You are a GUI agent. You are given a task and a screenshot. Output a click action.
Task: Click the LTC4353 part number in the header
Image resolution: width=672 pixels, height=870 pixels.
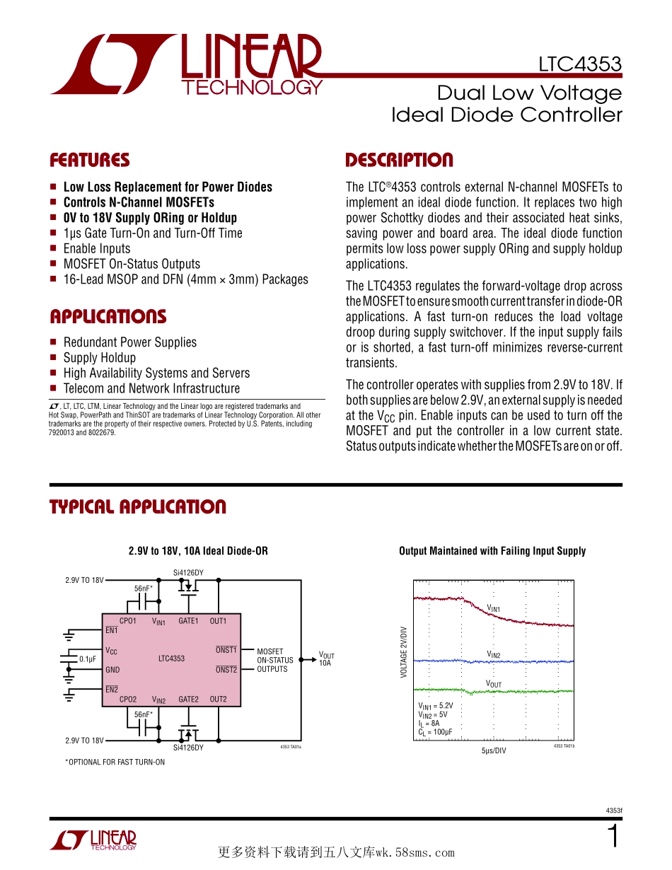[x=579, y=64]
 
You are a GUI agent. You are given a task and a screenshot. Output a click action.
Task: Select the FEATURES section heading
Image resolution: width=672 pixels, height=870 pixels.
[x=90, y=161]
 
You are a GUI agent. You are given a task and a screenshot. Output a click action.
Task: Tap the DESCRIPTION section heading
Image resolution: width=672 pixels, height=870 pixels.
[x=399, y=161]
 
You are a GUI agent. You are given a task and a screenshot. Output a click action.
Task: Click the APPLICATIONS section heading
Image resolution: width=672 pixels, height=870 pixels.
[x=108, y=317]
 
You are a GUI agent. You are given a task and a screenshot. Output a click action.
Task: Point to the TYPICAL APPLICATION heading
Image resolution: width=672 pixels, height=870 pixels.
[x=138, y=507]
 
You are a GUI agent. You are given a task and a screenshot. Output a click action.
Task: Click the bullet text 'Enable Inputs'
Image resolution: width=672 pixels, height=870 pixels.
[x=97, y=248]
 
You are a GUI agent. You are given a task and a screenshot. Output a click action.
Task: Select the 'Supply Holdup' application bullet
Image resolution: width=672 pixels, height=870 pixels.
[x=100, y=358]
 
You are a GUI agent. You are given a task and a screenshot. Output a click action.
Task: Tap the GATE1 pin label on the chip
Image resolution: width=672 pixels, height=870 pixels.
[x=188, y=621]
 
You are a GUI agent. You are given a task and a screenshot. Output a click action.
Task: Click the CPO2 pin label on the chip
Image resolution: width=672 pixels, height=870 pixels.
[x=128, y=700]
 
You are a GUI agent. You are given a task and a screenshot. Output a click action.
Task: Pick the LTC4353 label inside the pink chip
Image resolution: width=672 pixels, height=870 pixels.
[x=171, y=659]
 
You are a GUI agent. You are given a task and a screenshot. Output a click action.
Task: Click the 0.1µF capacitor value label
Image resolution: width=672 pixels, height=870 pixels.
[x=88, y=659]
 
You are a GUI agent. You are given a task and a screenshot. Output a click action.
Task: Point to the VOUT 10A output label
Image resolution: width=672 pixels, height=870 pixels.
[x=326, y=659]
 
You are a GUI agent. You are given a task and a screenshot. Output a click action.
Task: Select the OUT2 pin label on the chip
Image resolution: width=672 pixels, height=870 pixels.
[x=218, y=700]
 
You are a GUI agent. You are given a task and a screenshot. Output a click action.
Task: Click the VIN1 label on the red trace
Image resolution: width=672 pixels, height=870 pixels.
[x=494, y=608]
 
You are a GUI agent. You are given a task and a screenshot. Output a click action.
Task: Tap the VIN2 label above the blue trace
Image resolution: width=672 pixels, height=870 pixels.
[x=494, y=655]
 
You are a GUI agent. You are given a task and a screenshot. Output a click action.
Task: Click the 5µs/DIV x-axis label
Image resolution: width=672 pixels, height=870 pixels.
[x=494, y=750]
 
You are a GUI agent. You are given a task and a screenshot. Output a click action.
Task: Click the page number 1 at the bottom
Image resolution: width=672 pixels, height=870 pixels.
[x=613, y=837]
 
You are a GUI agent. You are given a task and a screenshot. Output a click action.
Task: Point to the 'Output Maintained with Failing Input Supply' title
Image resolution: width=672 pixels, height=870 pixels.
[x=492, y=551]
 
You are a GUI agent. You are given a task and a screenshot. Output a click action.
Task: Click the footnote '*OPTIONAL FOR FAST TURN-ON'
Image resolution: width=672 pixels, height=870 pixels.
[x=115, y=762]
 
